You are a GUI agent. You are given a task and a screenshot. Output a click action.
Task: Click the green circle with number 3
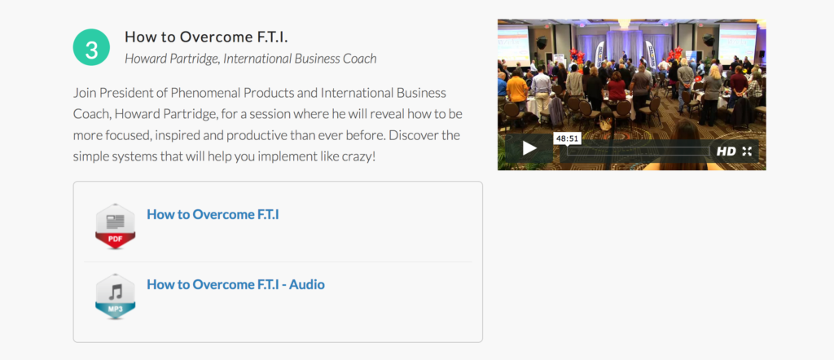pos(91,47)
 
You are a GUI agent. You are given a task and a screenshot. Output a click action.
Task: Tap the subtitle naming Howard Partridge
pos(251,59)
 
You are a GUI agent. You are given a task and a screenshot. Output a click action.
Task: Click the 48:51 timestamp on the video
pos(567,138)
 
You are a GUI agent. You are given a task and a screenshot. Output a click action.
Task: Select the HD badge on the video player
pos(726,151)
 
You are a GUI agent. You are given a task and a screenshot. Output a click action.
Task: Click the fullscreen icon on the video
pos(747,151)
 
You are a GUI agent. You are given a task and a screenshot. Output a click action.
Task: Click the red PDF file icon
pos(116,226)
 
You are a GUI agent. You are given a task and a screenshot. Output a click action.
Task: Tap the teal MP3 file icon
pos(116,296)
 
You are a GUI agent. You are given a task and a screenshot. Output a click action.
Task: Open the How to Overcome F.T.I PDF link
pos(213,214)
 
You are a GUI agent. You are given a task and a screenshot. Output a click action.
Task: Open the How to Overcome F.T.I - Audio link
pos(235,284)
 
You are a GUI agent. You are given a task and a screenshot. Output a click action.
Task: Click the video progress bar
pos(638,151)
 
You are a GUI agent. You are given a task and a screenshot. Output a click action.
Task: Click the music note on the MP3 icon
pos(116,291)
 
